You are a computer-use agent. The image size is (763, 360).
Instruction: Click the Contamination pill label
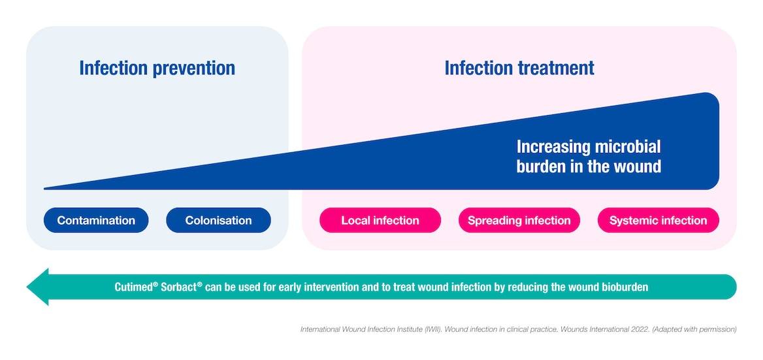click(x=96, y=220)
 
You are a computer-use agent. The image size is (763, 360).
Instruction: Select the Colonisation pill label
click(x=218, y=220)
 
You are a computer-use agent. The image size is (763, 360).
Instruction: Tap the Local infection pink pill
click(x=380, y=220)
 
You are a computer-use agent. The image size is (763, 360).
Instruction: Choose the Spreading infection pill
click(x=519, y=220)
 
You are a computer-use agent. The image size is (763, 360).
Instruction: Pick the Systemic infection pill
click(x=658, y=220)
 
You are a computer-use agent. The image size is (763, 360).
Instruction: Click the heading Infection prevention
click(x=157, y=68)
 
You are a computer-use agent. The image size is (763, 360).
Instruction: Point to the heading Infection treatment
click(x=519, y=68)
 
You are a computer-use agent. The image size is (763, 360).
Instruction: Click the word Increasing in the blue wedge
click(x=553, y=146)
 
